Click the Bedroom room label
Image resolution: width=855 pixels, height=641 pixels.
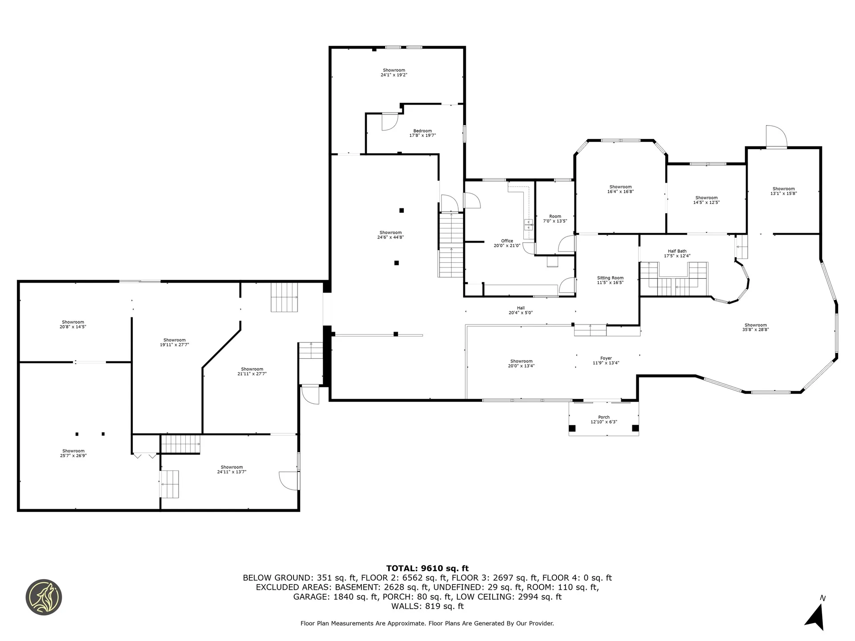[423, 131]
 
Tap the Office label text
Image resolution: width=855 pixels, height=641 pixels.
[507, 241]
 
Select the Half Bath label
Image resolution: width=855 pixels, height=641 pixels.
[677, 251]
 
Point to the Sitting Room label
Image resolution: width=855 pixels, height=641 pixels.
[610, 278]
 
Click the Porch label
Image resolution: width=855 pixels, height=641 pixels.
[604, 417]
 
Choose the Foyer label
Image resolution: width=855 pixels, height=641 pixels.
[606, 358]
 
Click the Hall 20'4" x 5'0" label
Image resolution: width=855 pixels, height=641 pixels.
[521, 310]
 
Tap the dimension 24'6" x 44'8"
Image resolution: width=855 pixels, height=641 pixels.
[390, 237]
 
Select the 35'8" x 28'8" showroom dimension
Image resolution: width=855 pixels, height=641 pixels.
[755, 330]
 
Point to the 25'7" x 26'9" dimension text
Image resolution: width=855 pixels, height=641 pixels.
[73, 456]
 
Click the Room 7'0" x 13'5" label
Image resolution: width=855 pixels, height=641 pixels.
[555, 219]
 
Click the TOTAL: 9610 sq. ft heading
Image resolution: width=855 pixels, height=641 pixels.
[427, 568]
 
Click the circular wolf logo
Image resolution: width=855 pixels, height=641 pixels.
[44, 597]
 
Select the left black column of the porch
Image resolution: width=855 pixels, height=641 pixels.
[572, 429]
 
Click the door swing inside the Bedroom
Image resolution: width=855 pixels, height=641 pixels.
[388, 122]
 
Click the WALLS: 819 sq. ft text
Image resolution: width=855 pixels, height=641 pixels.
[427, 606]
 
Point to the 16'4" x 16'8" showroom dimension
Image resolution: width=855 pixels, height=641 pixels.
[620, 192]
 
